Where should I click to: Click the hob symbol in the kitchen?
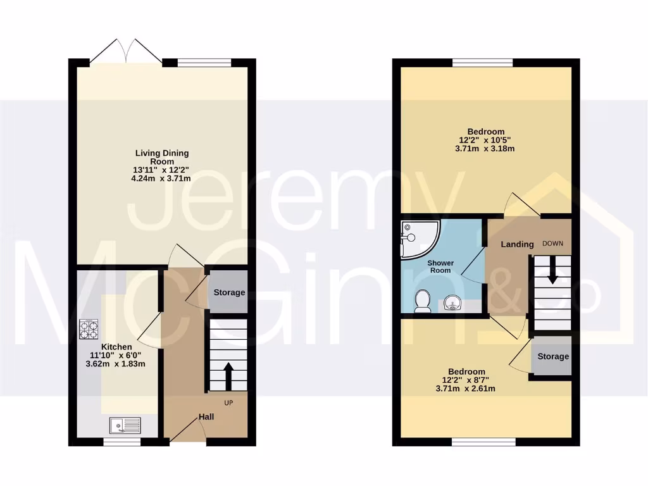point(89,330)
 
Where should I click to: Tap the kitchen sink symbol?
point(125,426)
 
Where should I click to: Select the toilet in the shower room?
point(421,302)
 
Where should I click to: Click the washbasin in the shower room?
point(452,304)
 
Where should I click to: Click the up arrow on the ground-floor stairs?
point(228,373)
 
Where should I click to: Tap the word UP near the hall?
point(228,402)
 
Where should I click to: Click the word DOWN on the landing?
point(552,244)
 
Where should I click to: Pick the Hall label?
point(206,417)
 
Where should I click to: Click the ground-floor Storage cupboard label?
point(228,292)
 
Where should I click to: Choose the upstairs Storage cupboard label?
point(552,356)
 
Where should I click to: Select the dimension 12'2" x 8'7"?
point(466,380)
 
